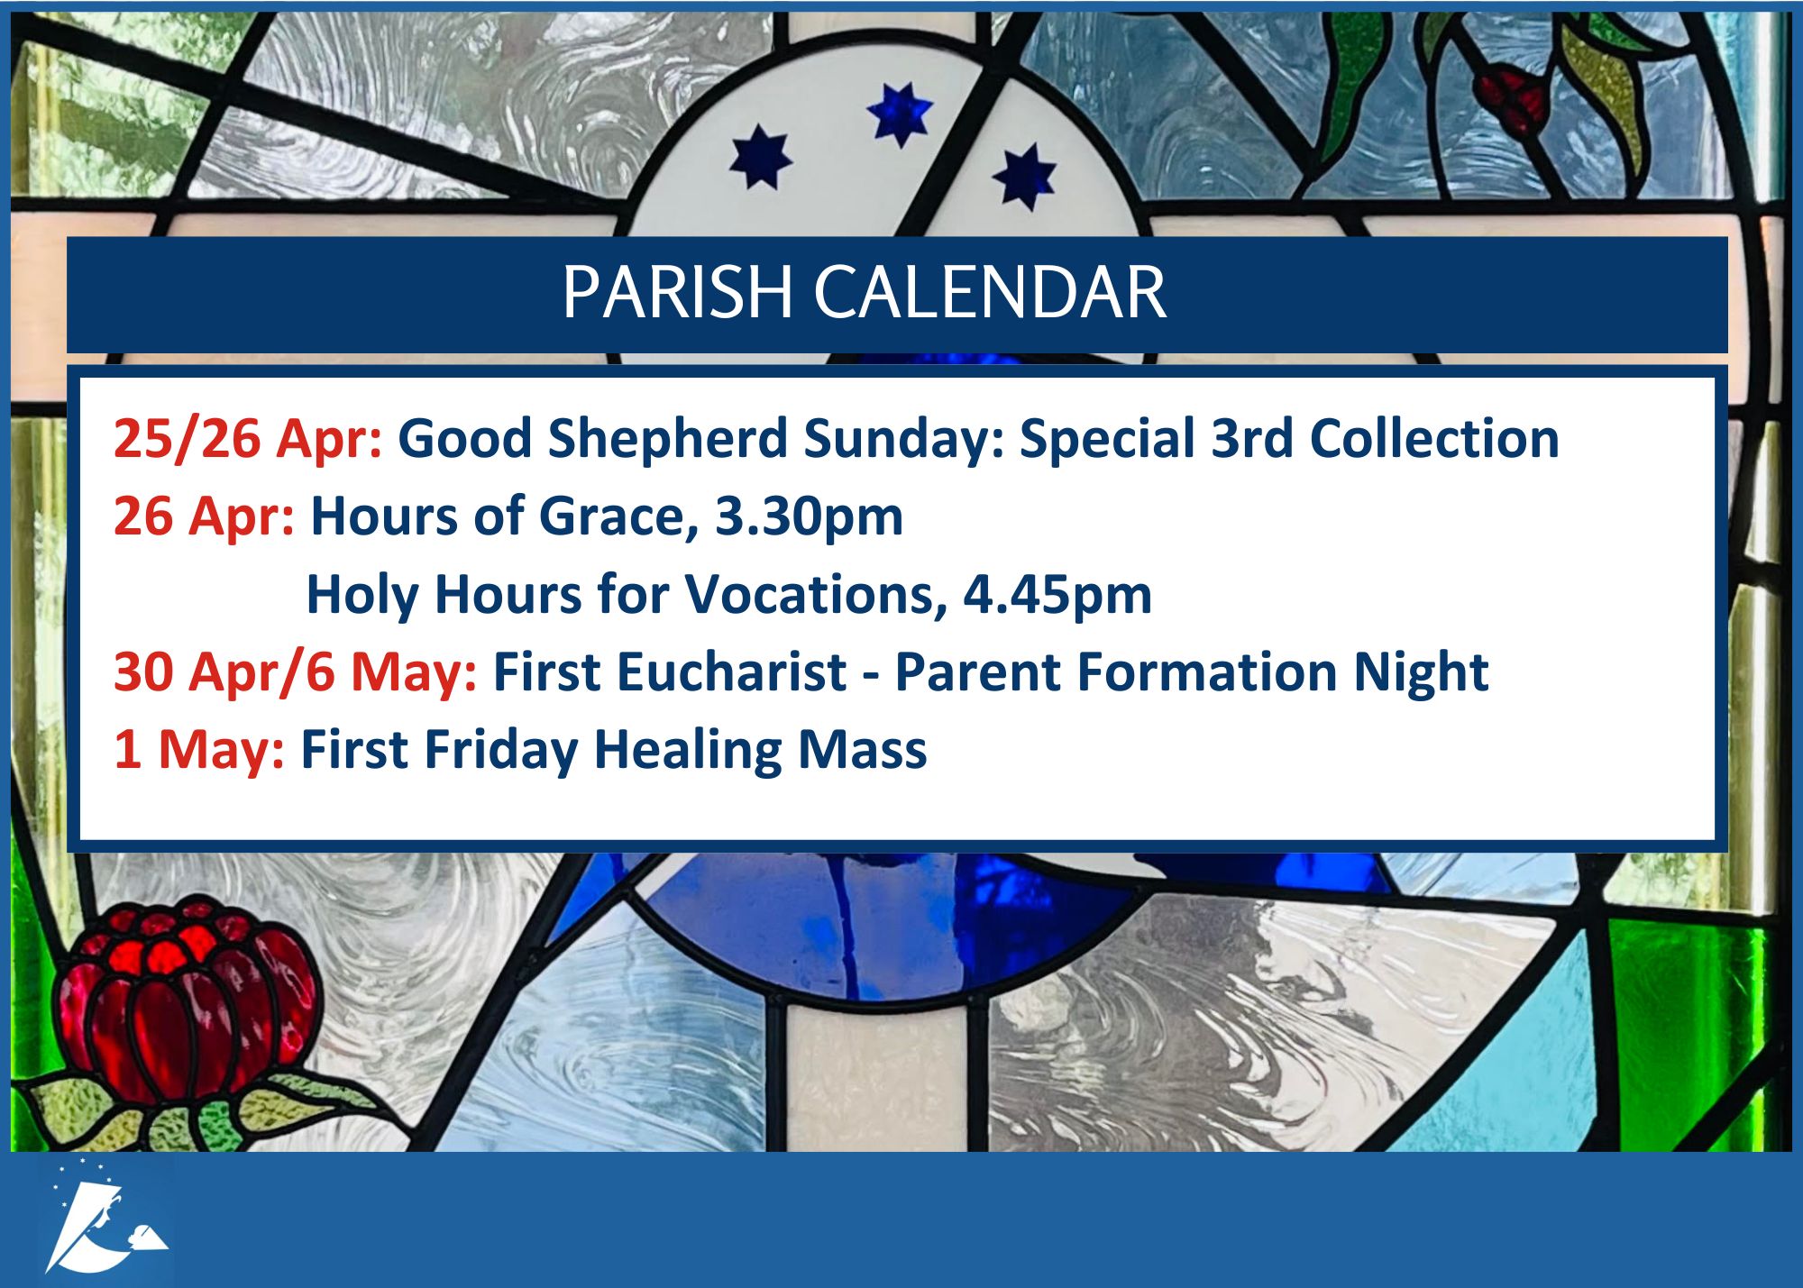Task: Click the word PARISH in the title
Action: (x=677, y=293)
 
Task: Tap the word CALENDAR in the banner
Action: (x=991, y=293)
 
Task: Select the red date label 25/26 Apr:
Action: (x=248, y=439)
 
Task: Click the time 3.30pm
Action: (x=809, y=517)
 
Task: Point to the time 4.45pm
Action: (x=1057, y=595)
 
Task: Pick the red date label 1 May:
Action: (x=199, y=750)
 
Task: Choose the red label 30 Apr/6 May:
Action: (x=296, y=673)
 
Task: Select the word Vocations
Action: (x=816, y=595)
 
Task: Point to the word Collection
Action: (x=1434, y=439)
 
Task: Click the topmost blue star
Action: (x=900, y=114)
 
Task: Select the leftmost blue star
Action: (x=760, y=158)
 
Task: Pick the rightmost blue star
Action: (x=1025, y=177)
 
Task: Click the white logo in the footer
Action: (x=107, y=1217)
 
